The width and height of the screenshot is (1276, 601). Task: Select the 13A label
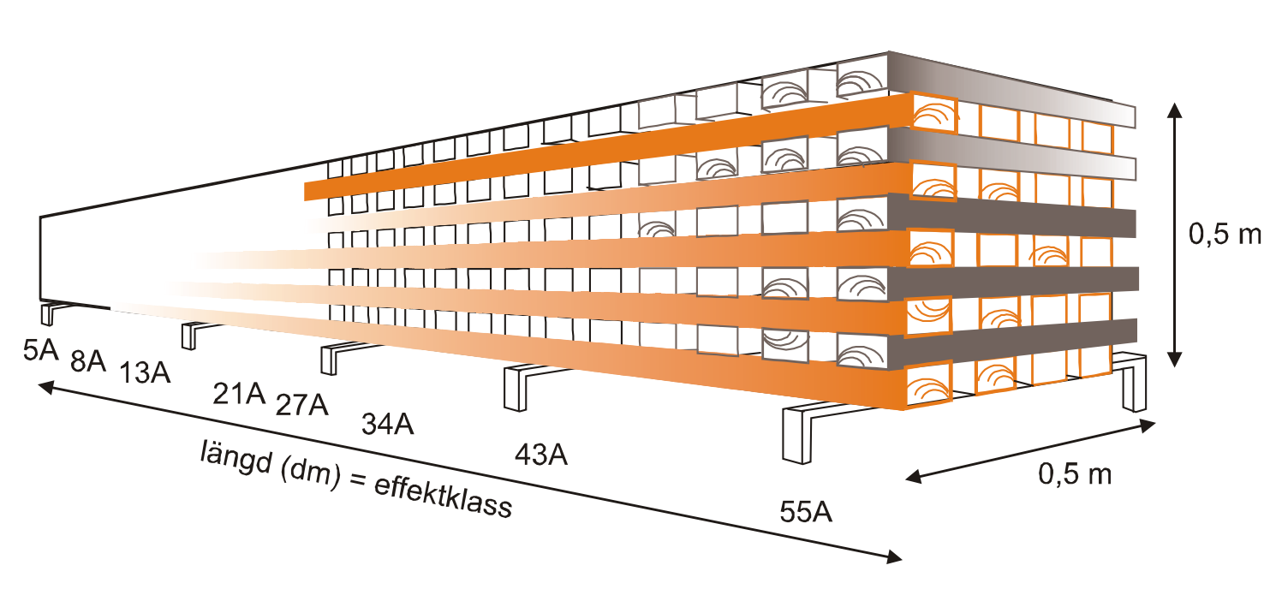click(145, 374)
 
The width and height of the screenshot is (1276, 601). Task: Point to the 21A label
click(239, 394)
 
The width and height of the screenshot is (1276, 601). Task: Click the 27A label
click(301, 404)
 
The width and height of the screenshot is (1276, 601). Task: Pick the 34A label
click(387, 423)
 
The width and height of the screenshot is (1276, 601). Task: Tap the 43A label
click(540, 455)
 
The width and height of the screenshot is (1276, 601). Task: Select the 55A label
click(806, 512)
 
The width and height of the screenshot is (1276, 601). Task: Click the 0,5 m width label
click(1075, 473)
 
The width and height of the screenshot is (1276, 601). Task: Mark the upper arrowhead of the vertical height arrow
click(1175, 108)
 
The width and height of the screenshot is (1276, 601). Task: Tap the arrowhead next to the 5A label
click(45, 388)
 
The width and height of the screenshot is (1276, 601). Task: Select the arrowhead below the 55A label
click(894, 558)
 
